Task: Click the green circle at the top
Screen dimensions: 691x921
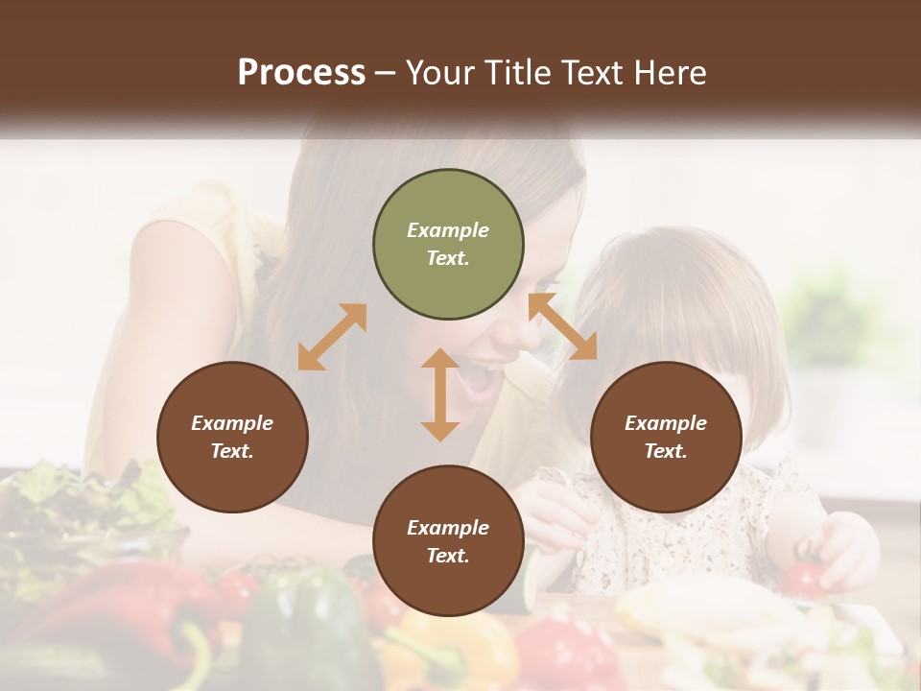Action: [448, 245]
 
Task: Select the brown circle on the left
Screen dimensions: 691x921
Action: [232, 437]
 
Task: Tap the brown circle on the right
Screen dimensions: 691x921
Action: [666, 437]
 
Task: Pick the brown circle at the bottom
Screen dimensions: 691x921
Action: [448, 541]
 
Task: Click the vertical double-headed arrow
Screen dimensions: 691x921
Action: [440, 394]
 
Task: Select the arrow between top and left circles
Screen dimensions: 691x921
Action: [332, 337]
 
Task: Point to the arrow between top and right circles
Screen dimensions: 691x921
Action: [562, 326]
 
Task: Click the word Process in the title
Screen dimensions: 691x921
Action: [301, 73]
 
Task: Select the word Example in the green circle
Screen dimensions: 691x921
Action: [448, 230]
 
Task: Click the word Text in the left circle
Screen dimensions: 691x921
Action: [232, 451]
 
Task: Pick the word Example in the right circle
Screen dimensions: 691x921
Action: [666, 423]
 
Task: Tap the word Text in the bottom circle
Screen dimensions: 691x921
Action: [448, 556]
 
